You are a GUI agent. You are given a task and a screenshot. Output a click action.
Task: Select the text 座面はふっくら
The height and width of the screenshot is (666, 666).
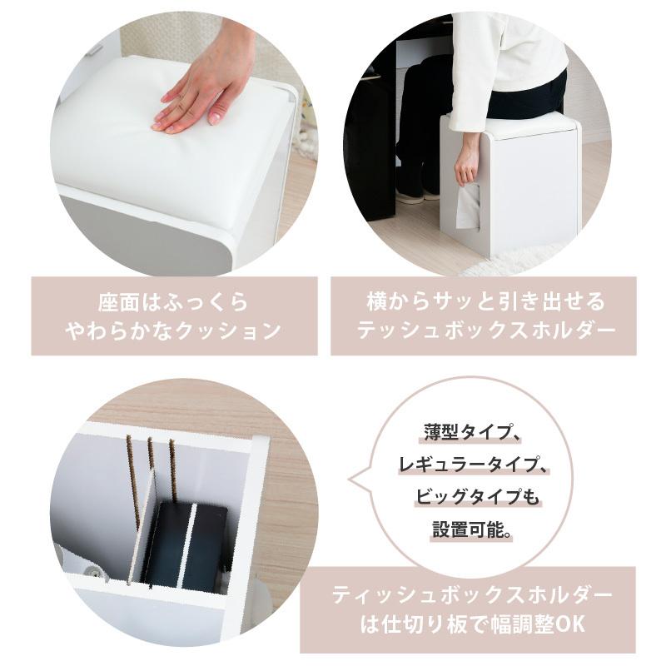168,301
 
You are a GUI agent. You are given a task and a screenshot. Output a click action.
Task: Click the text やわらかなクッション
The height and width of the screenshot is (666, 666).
172,331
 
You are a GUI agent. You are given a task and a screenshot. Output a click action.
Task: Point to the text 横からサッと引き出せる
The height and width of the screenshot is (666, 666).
486,301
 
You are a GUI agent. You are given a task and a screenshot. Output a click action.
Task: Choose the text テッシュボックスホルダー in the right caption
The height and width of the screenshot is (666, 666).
486,331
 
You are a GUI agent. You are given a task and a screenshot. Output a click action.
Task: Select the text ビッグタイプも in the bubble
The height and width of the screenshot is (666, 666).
479,497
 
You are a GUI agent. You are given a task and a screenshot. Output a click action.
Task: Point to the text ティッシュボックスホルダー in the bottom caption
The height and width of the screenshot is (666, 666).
472,596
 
